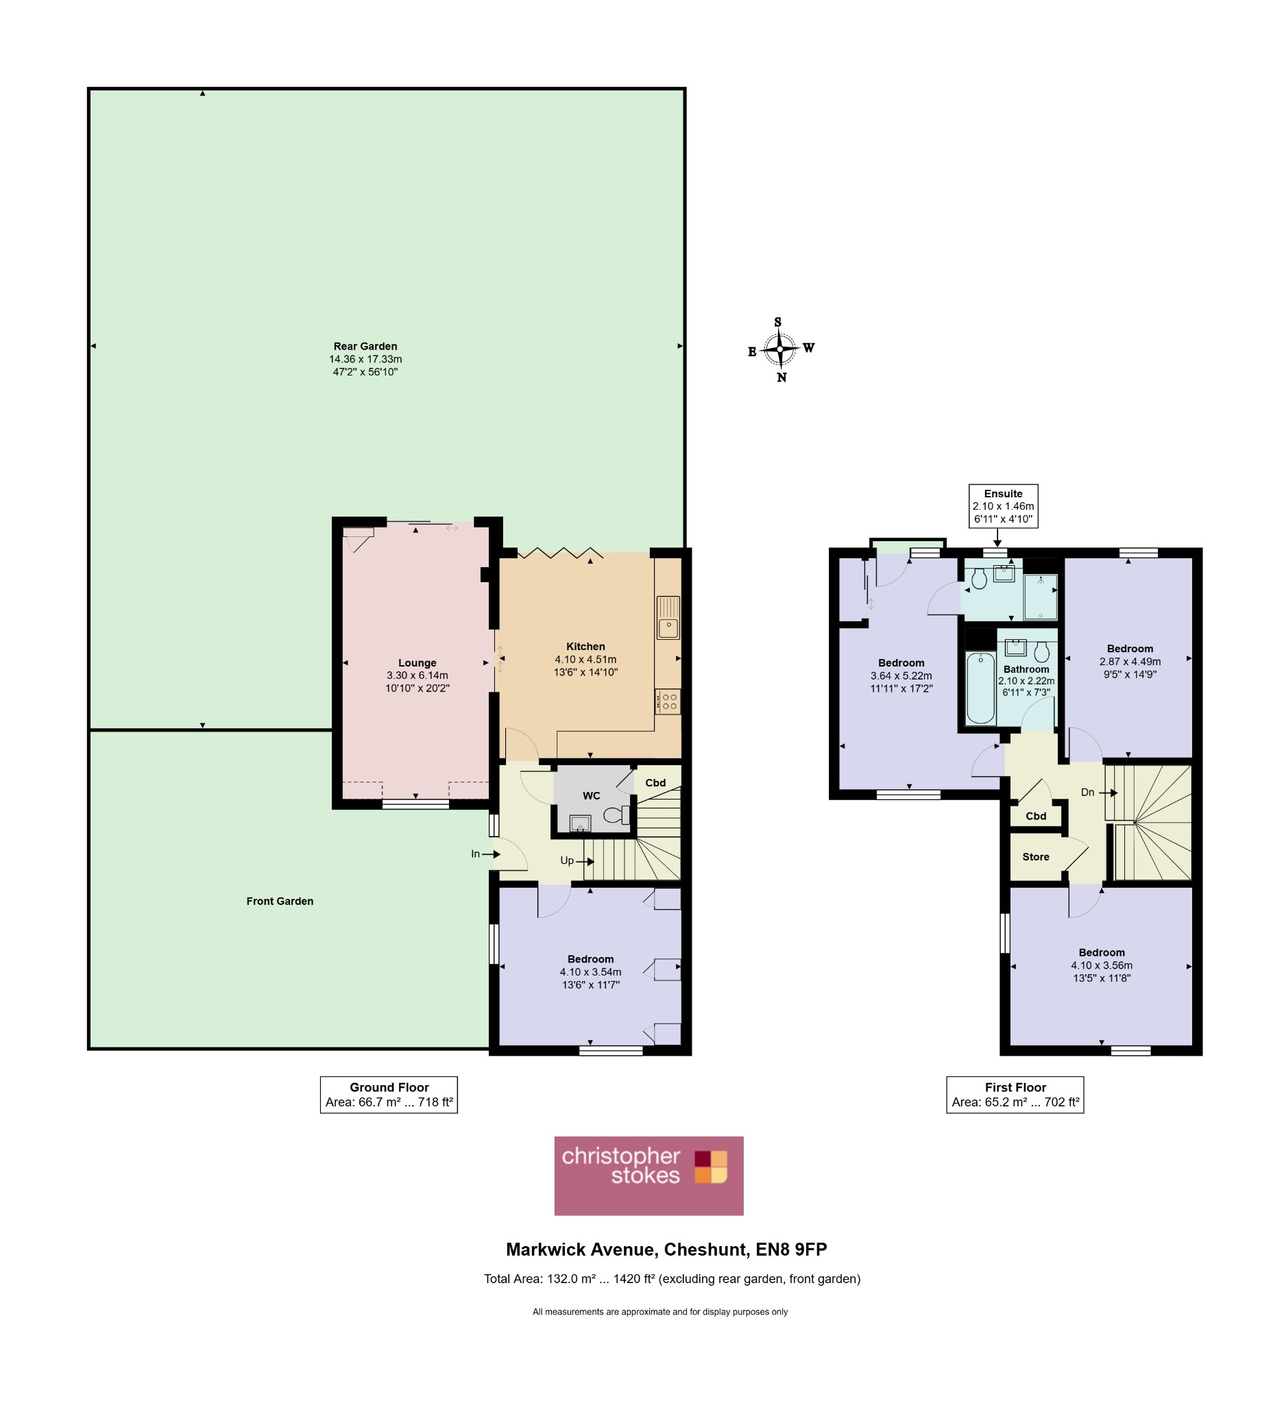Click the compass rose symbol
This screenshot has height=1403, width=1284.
click(x=781, y=349)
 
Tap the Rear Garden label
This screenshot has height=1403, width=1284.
click(x=365, y=346)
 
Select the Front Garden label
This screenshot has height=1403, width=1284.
click(x=280, y=902)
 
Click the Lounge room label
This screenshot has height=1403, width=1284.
click(x=417, y=663)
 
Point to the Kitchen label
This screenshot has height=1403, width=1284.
click(x=585, y=647)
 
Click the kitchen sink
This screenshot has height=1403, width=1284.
click(x=668, y=617)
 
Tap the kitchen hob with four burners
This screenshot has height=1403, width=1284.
click(x=668, y=701)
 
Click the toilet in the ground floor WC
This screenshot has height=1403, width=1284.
click(x=616, y=815)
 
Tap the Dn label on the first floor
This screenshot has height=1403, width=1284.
click(x=1088, y=792)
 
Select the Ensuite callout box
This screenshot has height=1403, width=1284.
click(x=1004, y=506)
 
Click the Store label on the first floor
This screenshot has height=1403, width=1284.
click(x=1035, y=857)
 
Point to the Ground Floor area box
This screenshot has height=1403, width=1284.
click(x=389, y=1095)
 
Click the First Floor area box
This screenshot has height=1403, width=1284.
click(x=1015, y=1095)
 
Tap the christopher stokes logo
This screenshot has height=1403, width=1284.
click(x=649, y=1176)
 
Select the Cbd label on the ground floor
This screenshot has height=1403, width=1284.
click(x=655, y=783)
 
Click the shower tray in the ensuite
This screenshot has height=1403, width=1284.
click(x=1040, y=597)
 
